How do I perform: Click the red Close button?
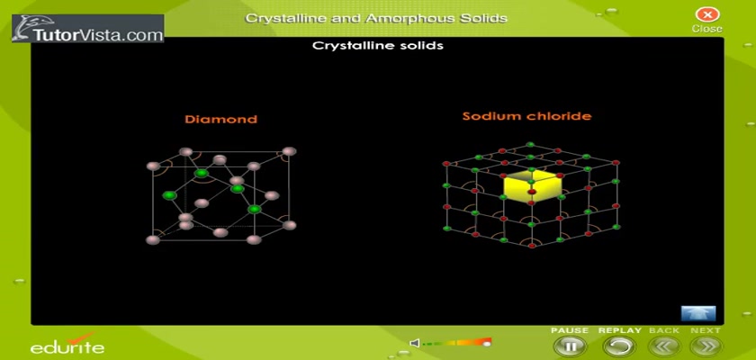click(706, 14)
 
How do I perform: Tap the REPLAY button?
click(618, 346)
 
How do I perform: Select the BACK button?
click(664, 346)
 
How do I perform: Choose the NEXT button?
click(706, 346)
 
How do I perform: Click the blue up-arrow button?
click(698, 313)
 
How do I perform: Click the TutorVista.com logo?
click(88, 29)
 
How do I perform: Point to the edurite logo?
click(67, 344)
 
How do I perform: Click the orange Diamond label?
click(220, 119)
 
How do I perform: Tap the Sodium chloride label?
click(526, 116)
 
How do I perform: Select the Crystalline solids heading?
click(377, 46)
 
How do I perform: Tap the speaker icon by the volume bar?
click(414, 343)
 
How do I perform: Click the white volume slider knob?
click(487, 344)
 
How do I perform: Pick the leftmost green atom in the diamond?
click(169, 195)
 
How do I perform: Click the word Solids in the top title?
click(487, 19)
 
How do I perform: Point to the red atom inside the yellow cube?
click(532, 192)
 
